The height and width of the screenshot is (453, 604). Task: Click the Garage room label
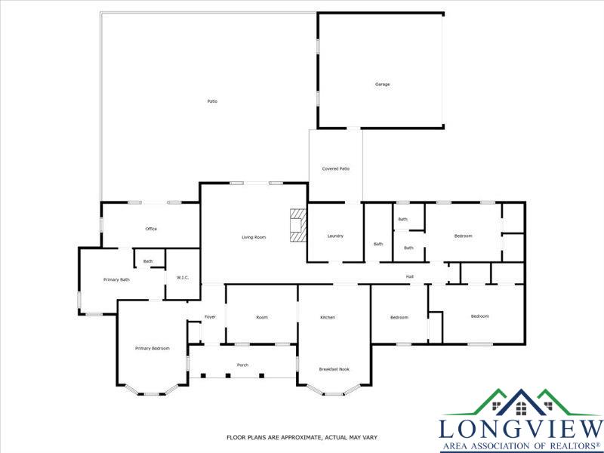(x=383, y=85)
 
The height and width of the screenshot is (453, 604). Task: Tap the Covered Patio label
(x=336, y=168)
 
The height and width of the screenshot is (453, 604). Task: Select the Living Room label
(x=254, y=237)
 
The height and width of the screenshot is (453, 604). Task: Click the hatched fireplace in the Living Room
(x=297, y=225)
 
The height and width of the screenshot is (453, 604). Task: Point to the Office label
(x=151, y=229)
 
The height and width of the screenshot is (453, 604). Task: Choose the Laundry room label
(x=335, y=236)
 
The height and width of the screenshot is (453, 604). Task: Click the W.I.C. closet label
(x=183, y=278)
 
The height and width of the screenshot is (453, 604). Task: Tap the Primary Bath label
(x=116, y=279)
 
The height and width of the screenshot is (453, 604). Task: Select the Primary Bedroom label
(x=153, y=348)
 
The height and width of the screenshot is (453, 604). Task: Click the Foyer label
(x=210, y=317)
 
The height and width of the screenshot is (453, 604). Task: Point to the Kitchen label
(x=328, y=317)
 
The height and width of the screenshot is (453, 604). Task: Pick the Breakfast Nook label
(x=334, y=369)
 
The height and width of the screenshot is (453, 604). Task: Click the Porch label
(x=242, y=365)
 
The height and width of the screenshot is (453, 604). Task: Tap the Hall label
(x=410, y=276)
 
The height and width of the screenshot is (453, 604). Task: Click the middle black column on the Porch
(x=228, y=375)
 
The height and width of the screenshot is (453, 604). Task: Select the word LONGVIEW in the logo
(x=521, y=430)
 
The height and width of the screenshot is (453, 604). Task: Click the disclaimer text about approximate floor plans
(x=302, y=438)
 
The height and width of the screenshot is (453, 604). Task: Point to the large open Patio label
(x=212, y=101)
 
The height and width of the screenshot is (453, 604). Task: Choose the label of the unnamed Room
(x=262, y=317)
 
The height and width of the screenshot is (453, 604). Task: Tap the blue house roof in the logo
(x=521, y=402)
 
